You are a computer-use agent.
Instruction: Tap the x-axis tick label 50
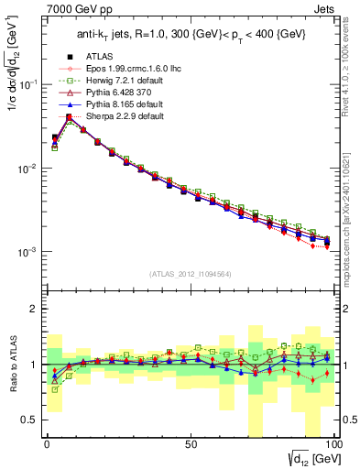click(191, 442)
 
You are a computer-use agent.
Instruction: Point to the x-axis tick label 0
click(47, 442)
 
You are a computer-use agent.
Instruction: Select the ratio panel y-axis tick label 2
click(35, 309)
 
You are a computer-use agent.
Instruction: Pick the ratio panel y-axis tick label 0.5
click(31, 420)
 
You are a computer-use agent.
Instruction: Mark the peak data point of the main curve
click(69, 117)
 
